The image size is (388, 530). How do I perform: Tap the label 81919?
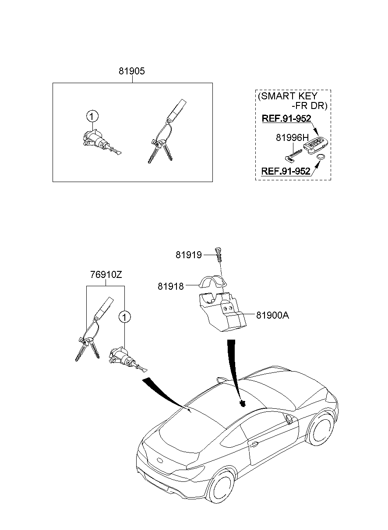tap(189, 255)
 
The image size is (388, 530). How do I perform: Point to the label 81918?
tap(171, 286)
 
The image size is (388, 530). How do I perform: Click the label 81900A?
tap(272, 315)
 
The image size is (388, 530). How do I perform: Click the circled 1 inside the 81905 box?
tap(92, 116)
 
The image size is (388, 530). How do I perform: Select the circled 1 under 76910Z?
tap(124, 316)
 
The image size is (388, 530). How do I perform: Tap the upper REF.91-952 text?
tap(286, 119)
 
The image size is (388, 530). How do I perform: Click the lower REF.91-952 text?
tap(286, 171)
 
